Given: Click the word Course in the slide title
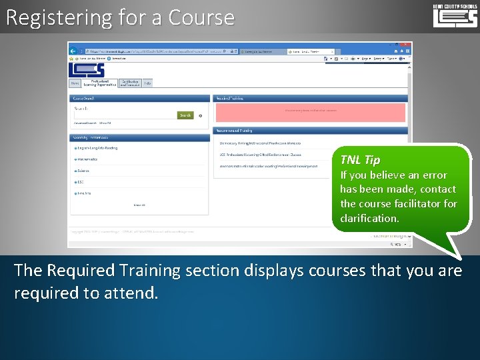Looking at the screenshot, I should pos(201,17).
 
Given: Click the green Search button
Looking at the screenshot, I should pos(185,115).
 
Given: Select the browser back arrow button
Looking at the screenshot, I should pos(73,51).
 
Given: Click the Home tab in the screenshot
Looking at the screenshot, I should pos(75,83).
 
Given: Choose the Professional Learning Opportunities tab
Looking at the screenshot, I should pos(99,83).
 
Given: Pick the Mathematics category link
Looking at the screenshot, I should pos(88,159).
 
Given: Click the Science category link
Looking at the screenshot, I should pos(83,171).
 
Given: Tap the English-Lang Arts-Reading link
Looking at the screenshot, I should pos(97,148).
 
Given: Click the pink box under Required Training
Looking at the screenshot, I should pos(310,112).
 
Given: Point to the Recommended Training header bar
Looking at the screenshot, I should pos(310,131).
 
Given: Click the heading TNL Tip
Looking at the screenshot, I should pos(360,160).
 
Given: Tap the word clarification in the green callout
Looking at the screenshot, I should pos(369,219).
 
